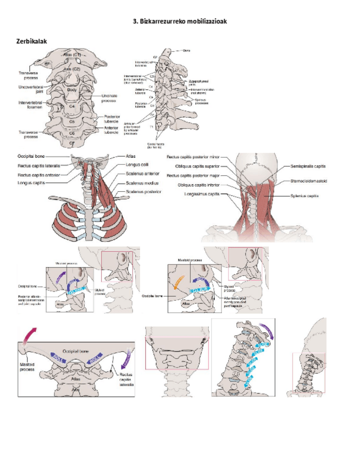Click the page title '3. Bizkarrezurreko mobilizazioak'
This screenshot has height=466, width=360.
pos(180,21)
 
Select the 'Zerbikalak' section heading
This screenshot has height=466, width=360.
pos(32,42)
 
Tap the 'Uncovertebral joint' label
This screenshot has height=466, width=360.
pos(31,90)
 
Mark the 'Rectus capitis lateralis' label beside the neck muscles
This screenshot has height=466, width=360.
pos(38,165)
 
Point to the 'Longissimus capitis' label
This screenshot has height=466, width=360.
pos(202,194)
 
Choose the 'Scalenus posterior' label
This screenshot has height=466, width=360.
pos(143,192)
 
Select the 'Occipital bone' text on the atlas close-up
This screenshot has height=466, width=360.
pos(75,349)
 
